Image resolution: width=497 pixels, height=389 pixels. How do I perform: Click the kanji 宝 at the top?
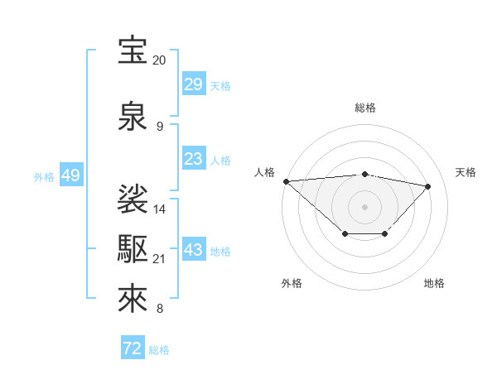click(x=133, y=50)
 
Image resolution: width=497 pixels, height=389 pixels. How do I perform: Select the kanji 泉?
click(x=133, y=117)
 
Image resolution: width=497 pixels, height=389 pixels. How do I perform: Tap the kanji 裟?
click(x=133, y=199)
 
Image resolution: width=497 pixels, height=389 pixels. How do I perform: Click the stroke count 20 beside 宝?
click(x=159, y=60)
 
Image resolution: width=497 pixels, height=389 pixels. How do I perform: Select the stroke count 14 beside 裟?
click(x=160, y=209)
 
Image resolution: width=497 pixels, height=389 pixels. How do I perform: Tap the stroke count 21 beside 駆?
click(x=160, y=259)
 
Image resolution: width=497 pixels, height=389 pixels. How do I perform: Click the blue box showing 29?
click(x=193, y=84)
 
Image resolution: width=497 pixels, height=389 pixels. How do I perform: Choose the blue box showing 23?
click(x=193, y=159)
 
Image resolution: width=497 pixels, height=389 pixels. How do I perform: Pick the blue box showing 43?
click(x=193, y=250)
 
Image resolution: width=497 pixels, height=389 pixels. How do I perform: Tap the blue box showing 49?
click(x=70, y=175)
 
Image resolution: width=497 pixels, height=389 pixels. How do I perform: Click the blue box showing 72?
click(x=133, y=348)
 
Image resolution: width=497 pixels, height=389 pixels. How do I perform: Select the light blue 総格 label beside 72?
click(x=160, y=350)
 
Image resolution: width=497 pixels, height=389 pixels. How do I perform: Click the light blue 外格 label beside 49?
click(x=44, y=176)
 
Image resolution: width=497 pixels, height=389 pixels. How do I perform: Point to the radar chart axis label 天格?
click(x=466, y=172)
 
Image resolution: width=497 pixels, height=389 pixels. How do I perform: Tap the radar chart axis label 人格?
click(x=265, y=172)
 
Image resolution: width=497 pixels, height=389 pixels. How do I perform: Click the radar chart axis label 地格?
click(x=434, y=283)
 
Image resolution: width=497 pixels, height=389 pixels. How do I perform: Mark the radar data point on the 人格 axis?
click(x=286, y=181)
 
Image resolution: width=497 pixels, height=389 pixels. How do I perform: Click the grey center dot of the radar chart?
click(x=364, y=206)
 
